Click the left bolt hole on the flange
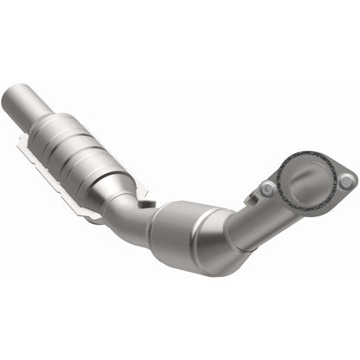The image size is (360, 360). tap(269, 190)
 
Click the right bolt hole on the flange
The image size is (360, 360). tap(346, 181)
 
